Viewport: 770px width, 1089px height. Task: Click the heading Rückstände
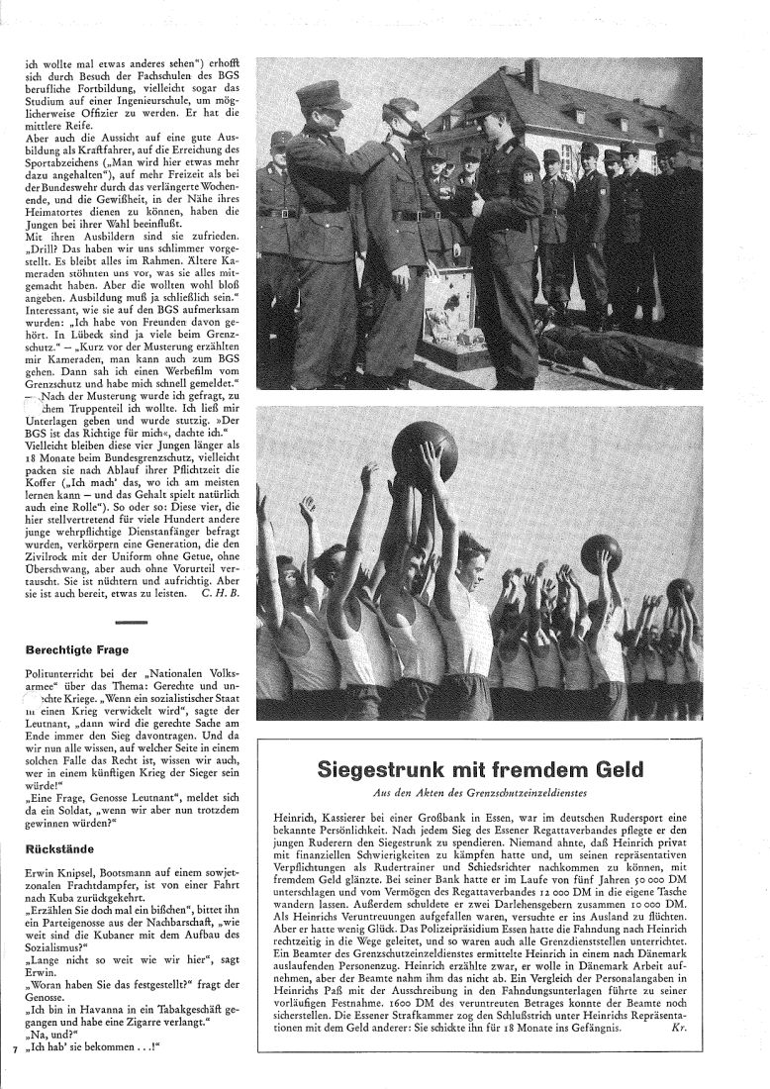pyautogui.click(x=55, y=847)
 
